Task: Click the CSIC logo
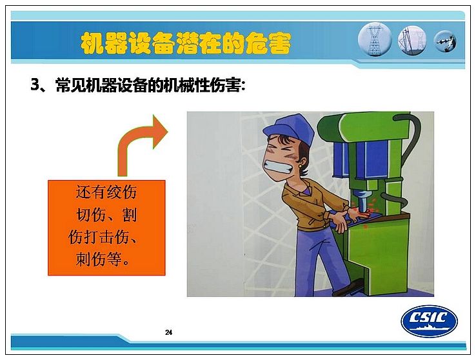tap(429, 321)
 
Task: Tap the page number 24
tap(168, 332)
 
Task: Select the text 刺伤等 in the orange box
tap(99, 259)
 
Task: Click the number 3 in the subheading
tap(35, 85)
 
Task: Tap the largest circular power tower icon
tap(375, 39)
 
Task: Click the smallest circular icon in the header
tap(445, 41)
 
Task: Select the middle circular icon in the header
tap(412, 41)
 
